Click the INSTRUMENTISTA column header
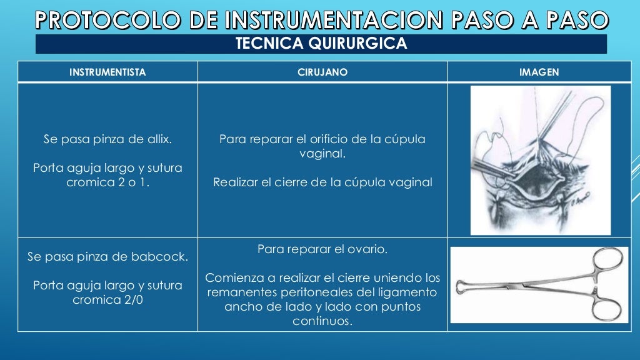[x=107, y=72]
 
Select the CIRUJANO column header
[x=322, y=72]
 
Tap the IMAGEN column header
[x=539, y=72]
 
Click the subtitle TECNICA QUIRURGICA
[x=321, y=44]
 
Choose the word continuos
[x=322, y=321]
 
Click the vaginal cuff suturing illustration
[x=540, y=160]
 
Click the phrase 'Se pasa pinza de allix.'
[x=107, y=139]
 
